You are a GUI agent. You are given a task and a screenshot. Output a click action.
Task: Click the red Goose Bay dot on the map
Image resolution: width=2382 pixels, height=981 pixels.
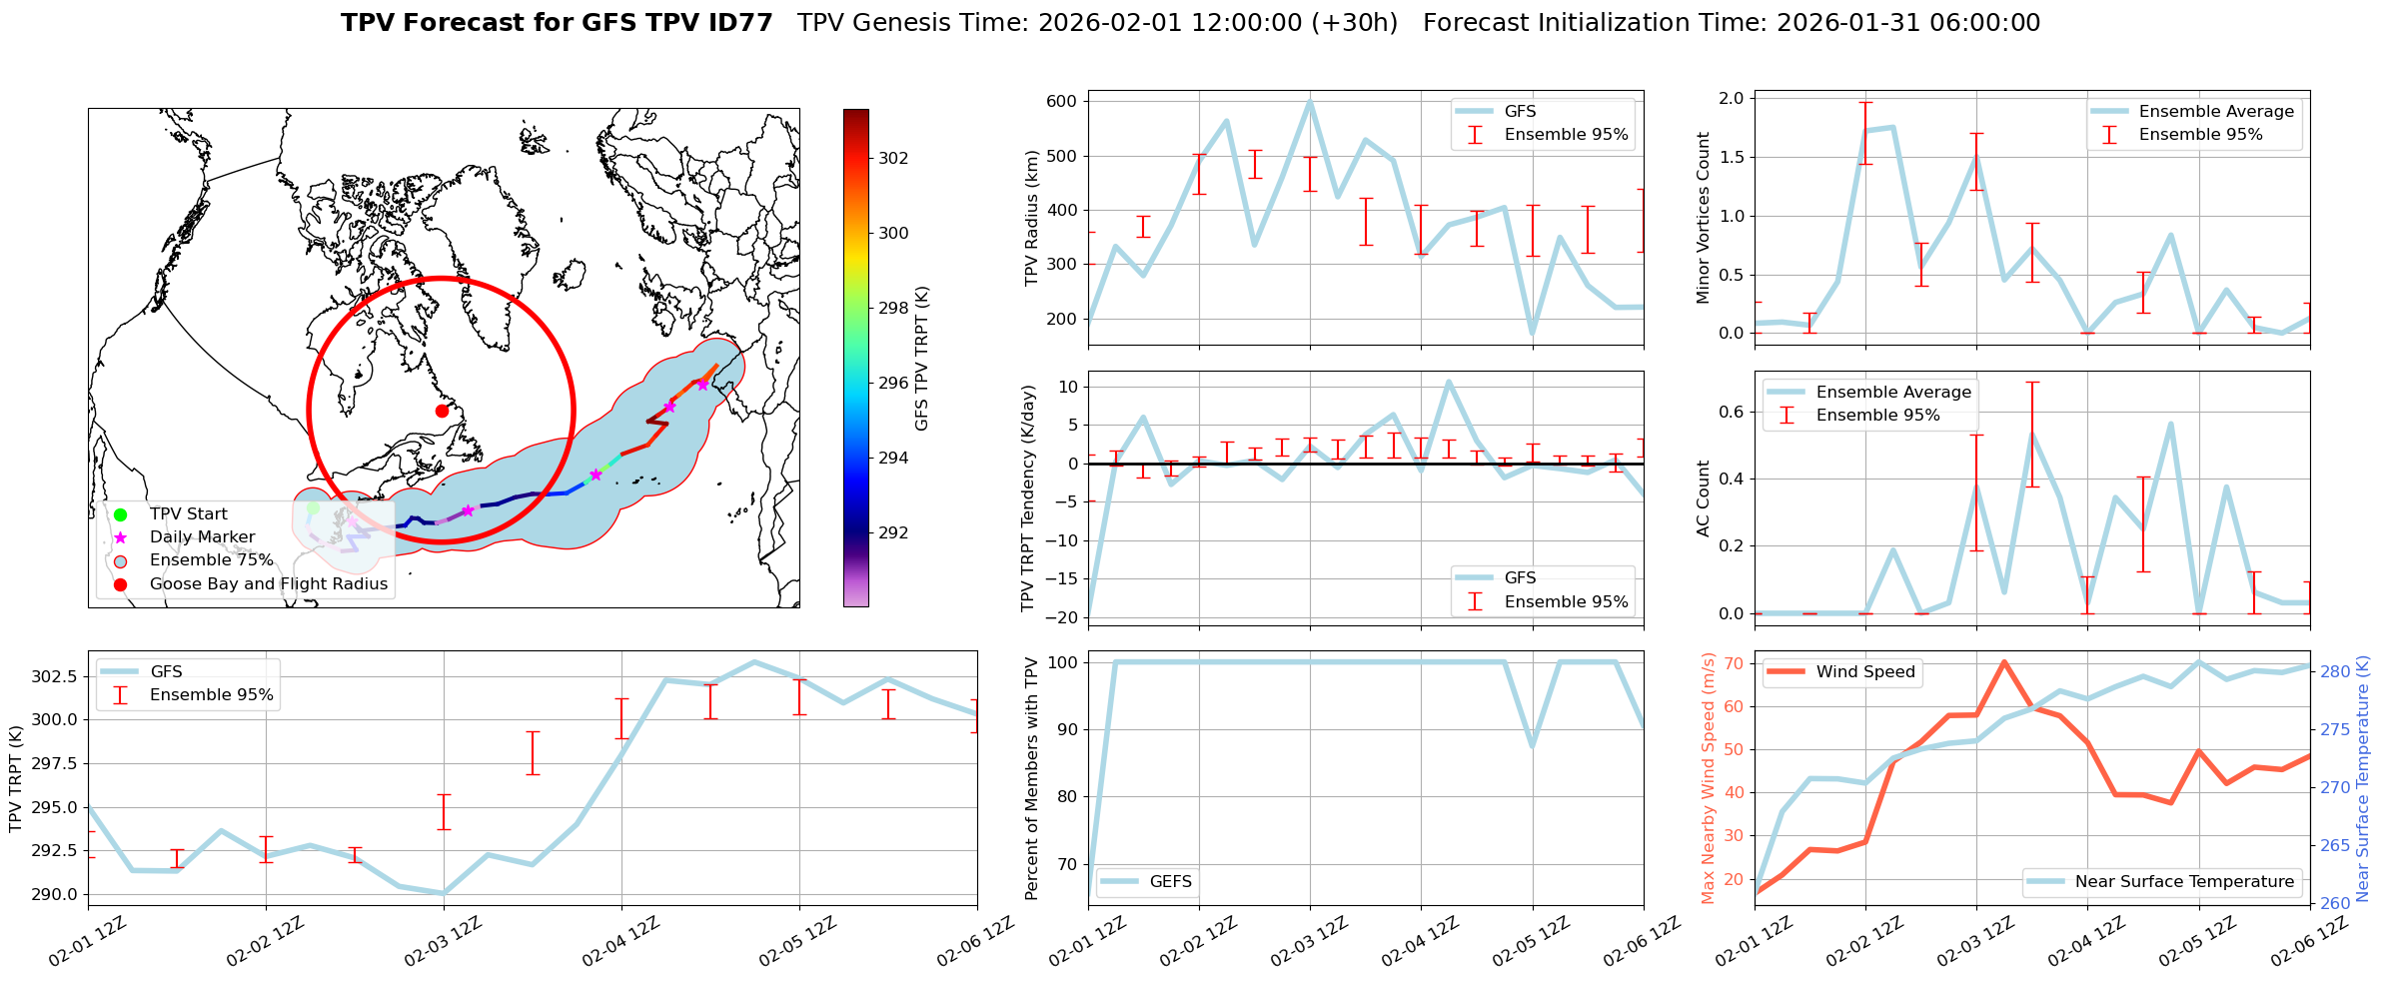[x=442, y=411]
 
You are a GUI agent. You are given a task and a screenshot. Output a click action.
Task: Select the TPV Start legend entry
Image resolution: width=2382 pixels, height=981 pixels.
[x=188, y=513]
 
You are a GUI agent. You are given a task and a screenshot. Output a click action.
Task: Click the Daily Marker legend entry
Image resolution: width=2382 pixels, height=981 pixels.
[x=202, y=536]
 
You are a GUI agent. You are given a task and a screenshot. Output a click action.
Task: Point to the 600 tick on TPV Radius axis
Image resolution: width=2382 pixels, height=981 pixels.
[x=1062, y=101]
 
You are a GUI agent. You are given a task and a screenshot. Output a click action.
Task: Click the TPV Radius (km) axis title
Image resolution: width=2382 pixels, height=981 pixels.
[x=1032, y=218]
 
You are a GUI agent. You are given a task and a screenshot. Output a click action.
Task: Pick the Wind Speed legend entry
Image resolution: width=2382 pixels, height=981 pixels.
[x=1864, y=671]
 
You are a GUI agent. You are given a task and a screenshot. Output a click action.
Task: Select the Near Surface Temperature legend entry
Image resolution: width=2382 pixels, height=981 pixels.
[x=2183, y=881]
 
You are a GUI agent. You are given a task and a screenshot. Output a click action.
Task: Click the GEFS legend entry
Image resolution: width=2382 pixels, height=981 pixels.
[x=1170, y=881]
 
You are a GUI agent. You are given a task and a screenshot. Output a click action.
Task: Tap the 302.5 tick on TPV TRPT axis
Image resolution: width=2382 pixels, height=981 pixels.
[x=54, y=676]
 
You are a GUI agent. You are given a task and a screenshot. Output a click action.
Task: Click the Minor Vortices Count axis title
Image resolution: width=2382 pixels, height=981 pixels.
[x=1704, y=218]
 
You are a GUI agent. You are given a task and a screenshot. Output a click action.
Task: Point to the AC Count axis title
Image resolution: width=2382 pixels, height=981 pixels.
[x=1704, y=498]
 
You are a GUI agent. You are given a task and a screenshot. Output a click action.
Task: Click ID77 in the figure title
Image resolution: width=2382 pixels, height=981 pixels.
[x=739, y=23]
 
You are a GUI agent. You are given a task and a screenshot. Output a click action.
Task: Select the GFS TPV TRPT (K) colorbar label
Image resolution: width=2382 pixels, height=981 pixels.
[x=921, y=358]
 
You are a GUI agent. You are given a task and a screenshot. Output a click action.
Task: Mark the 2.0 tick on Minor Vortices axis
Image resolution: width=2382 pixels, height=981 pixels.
[x=1732, y=98]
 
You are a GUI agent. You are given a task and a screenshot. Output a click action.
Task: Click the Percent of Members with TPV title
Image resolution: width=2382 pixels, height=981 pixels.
[x=1032, y=778]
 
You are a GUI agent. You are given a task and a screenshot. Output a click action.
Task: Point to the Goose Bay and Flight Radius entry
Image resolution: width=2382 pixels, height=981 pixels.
[x=268, y=583]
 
